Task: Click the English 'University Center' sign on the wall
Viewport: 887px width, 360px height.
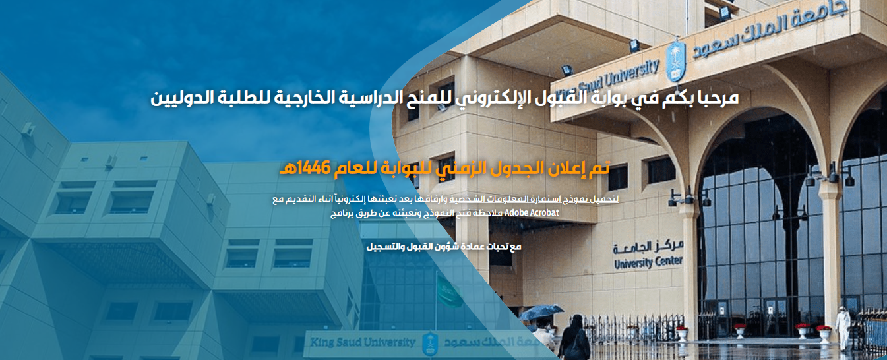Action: tap(649, 262)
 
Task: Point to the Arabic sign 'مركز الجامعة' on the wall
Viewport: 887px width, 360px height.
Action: tap(649, 247)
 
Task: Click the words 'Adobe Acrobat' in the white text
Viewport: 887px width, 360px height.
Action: tap(532, 213)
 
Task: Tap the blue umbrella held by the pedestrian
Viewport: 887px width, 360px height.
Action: tap(541, 312)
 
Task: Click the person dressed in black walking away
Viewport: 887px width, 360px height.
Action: tap(574, 337)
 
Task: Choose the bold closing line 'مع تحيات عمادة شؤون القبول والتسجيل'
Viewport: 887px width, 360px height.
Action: tap(443, 247)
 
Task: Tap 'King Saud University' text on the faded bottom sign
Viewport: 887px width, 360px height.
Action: tap(362, 342)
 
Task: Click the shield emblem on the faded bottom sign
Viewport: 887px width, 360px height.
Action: tap(429, 344)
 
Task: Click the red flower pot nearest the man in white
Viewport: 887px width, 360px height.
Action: tap(824, 334)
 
